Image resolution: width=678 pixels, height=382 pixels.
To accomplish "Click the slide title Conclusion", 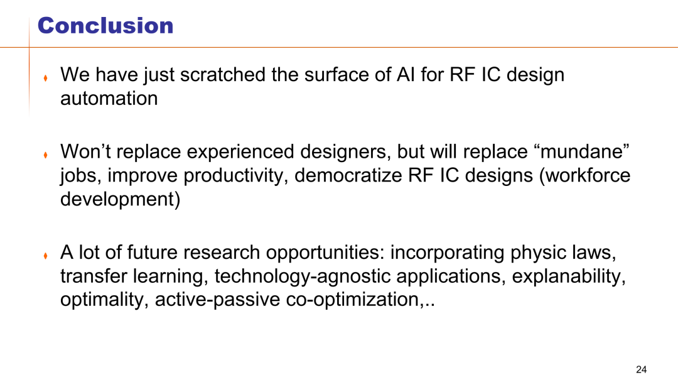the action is point(105,26).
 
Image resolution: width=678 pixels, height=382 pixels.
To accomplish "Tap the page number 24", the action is point(641,369).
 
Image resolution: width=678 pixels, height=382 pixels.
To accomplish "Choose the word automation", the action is point(109,98).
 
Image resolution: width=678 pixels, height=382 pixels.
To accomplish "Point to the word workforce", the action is point(584,175).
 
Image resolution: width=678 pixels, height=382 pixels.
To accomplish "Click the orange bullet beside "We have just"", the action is point(45,78).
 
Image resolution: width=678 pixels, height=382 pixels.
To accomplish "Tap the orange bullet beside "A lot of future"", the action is point(45,256).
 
